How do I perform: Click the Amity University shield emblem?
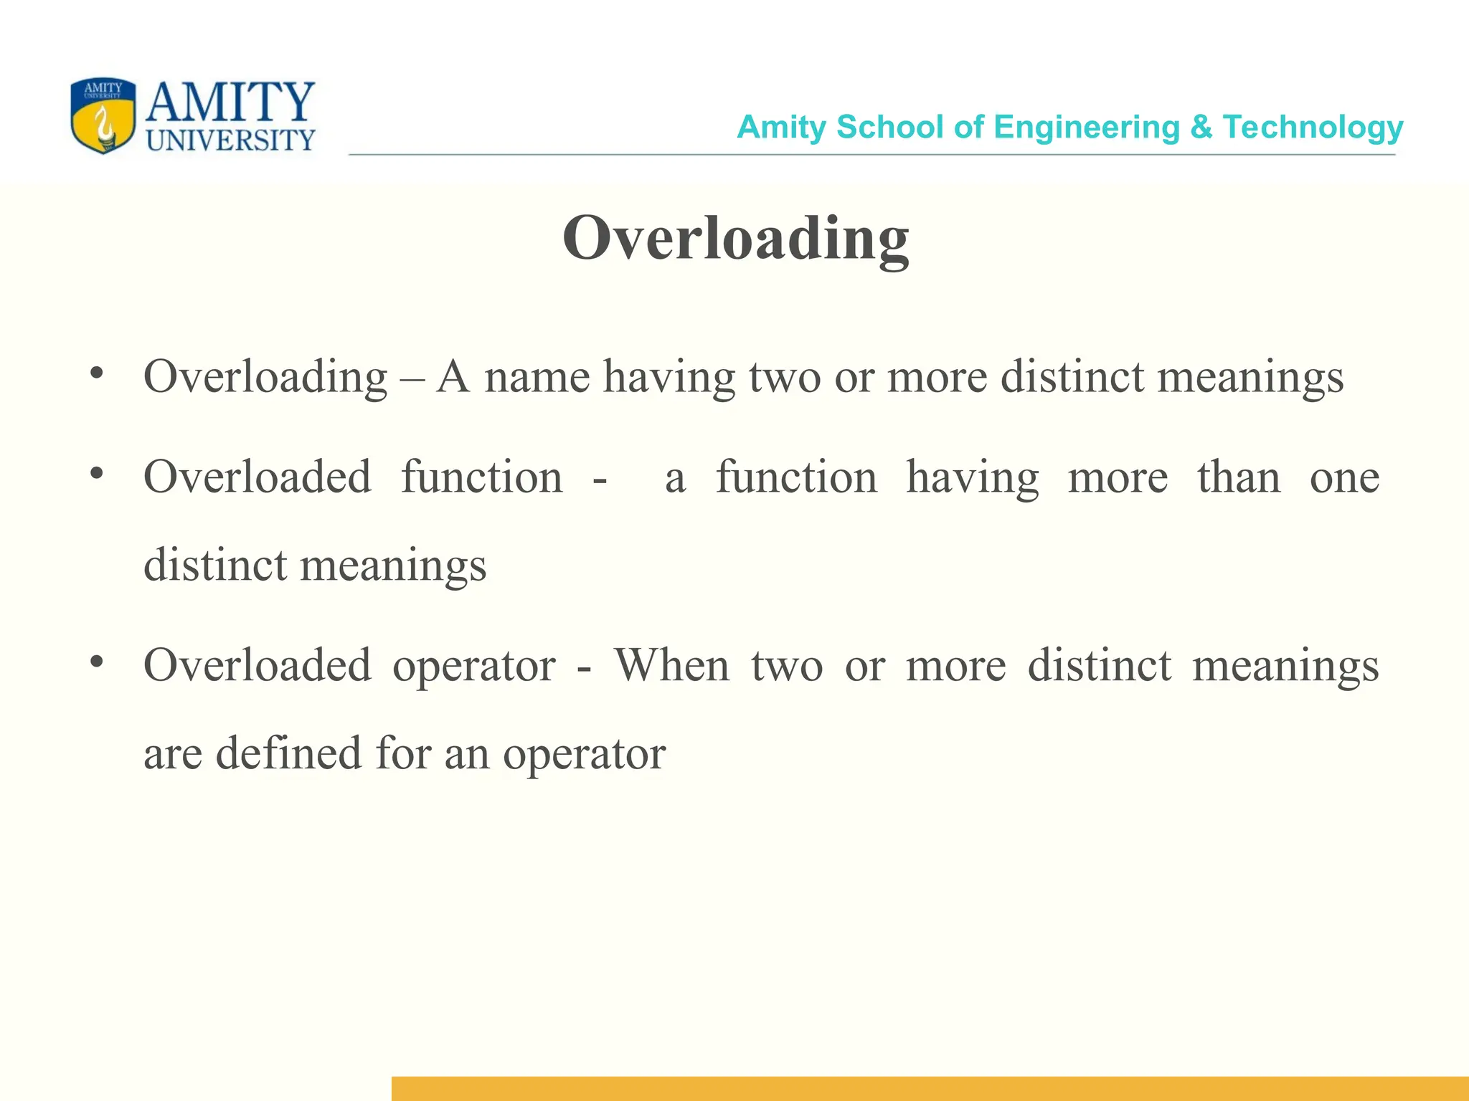[x=103, y=115]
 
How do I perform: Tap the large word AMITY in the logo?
[x=230, y=102]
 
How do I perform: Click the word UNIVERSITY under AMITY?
[x=230, y=140]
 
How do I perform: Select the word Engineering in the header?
[x=1087, y=128]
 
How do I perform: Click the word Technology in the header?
[x=1313, y=128]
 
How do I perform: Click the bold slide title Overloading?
[x=736, y=239]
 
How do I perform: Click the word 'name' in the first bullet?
[x=537, y=377]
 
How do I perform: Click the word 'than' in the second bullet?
[x=1239, y=477]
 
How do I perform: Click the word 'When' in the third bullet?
[x=672, y=665]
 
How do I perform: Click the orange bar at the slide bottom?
[x=930, y=1088]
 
